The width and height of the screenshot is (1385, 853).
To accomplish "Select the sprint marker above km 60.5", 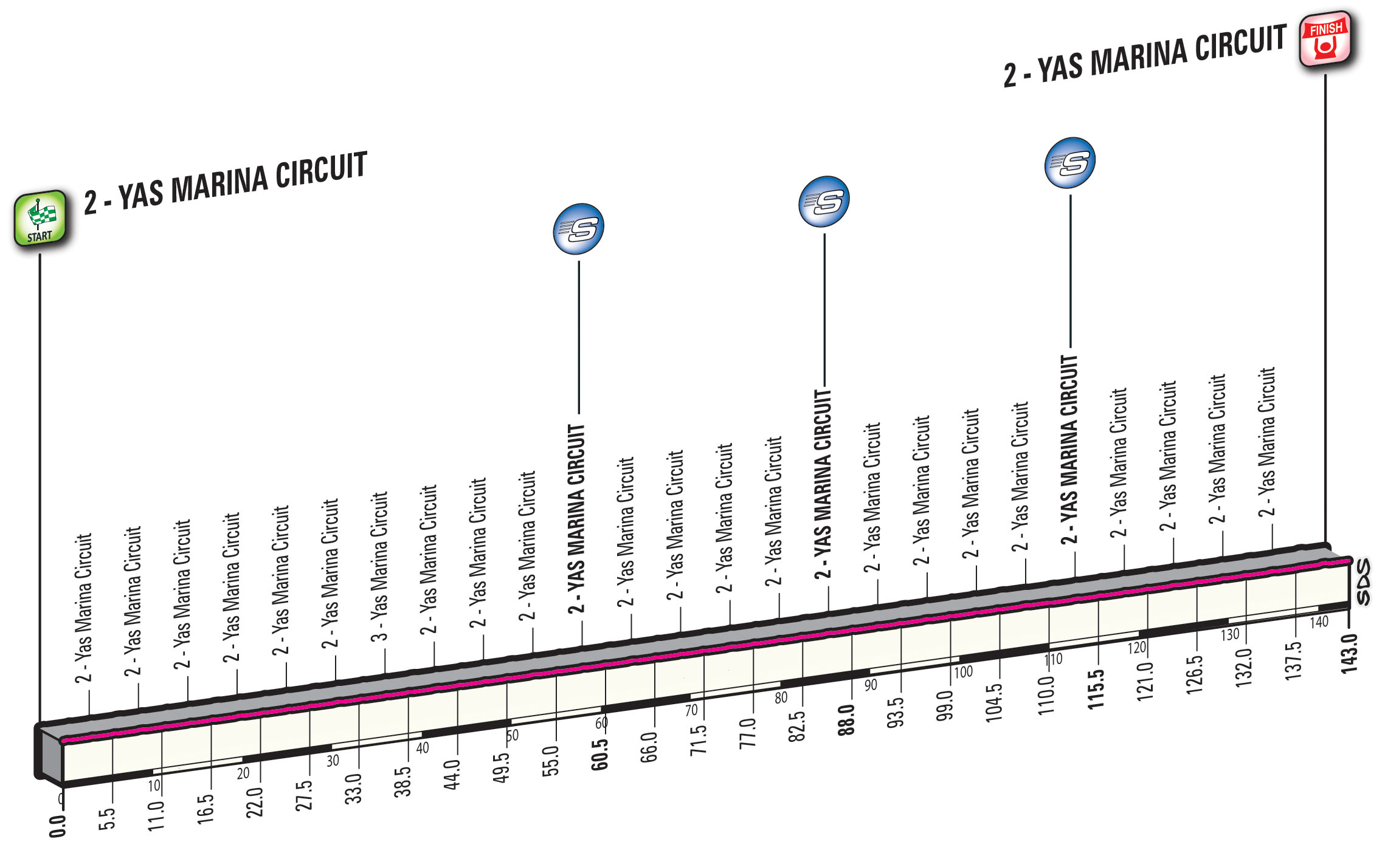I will [x=578, y=229].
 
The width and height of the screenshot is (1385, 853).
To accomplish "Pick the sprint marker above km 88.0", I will [x=824, y=202].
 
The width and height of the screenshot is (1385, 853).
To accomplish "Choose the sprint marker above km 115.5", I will [x=1070, y=163].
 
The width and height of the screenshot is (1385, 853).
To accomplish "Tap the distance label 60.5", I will [x=599, y=754].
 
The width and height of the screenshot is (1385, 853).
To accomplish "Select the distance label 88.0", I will [x=846, y=720].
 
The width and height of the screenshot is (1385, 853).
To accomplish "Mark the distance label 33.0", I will [x=353, y=788].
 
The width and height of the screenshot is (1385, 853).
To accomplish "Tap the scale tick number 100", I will [x=963, y=672].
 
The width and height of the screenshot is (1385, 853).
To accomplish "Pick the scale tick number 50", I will [x=513, y=735].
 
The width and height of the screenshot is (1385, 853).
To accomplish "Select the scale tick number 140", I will [x=1319, y=622].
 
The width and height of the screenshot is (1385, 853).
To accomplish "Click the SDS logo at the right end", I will [x=1364, y=582].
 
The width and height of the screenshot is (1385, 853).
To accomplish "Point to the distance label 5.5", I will [x=107, y=818].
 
